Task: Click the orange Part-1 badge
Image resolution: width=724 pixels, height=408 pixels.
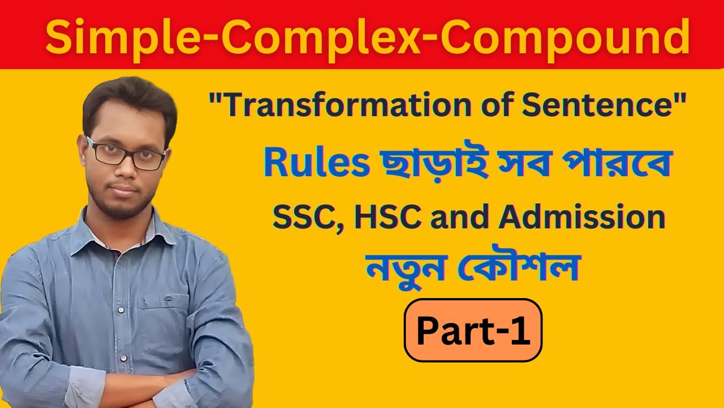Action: [473, 330]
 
